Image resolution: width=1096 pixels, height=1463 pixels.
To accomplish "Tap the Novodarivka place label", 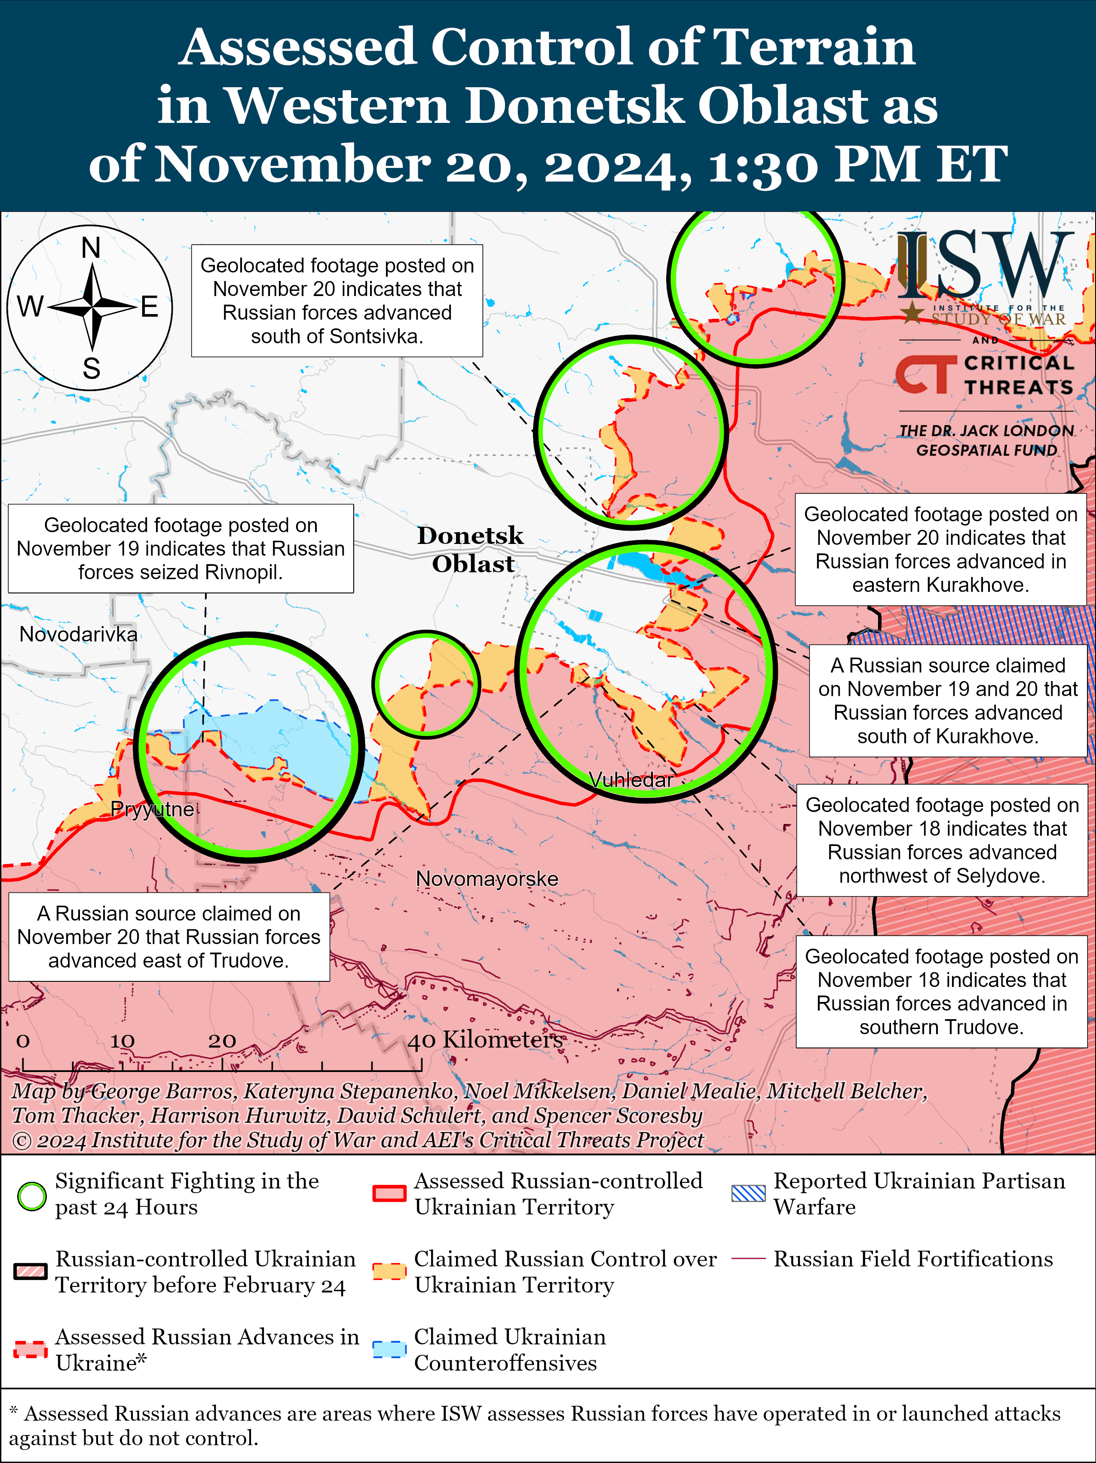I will (x=78, y=634).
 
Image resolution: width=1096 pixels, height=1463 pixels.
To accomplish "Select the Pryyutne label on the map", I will (x=152, y=809).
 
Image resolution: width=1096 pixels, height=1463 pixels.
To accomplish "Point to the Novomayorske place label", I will (x=487, y=879).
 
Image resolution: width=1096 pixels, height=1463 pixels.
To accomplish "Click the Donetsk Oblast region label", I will (x=471, y=549).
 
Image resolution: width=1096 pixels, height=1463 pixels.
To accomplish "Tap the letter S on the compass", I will (x=91, y=368).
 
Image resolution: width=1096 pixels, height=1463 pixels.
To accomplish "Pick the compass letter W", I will (x=30, y=307).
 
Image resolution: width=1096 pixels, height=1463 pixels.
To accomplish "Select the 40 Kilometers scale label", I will (x=485, y=1040).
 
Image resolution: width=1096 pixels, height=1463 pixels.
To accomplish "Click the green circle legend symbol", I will (x=31, y=1195).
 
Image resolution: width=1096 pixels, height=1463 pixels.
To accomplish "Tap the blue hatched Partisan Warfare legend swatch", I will (x=748, y=1194).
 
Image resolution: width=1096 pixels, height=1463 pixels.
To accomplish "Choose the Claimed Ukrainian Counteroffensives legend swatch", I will (x=389, y=1349).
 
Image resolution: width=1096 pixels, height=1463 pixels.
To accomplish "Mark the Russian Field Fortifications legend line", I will (x=748, y=1258).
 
